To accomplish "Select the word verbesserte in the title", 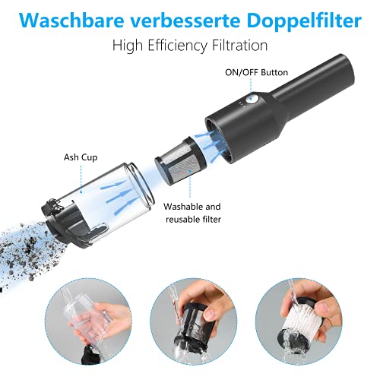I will (x=186, y=18).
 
